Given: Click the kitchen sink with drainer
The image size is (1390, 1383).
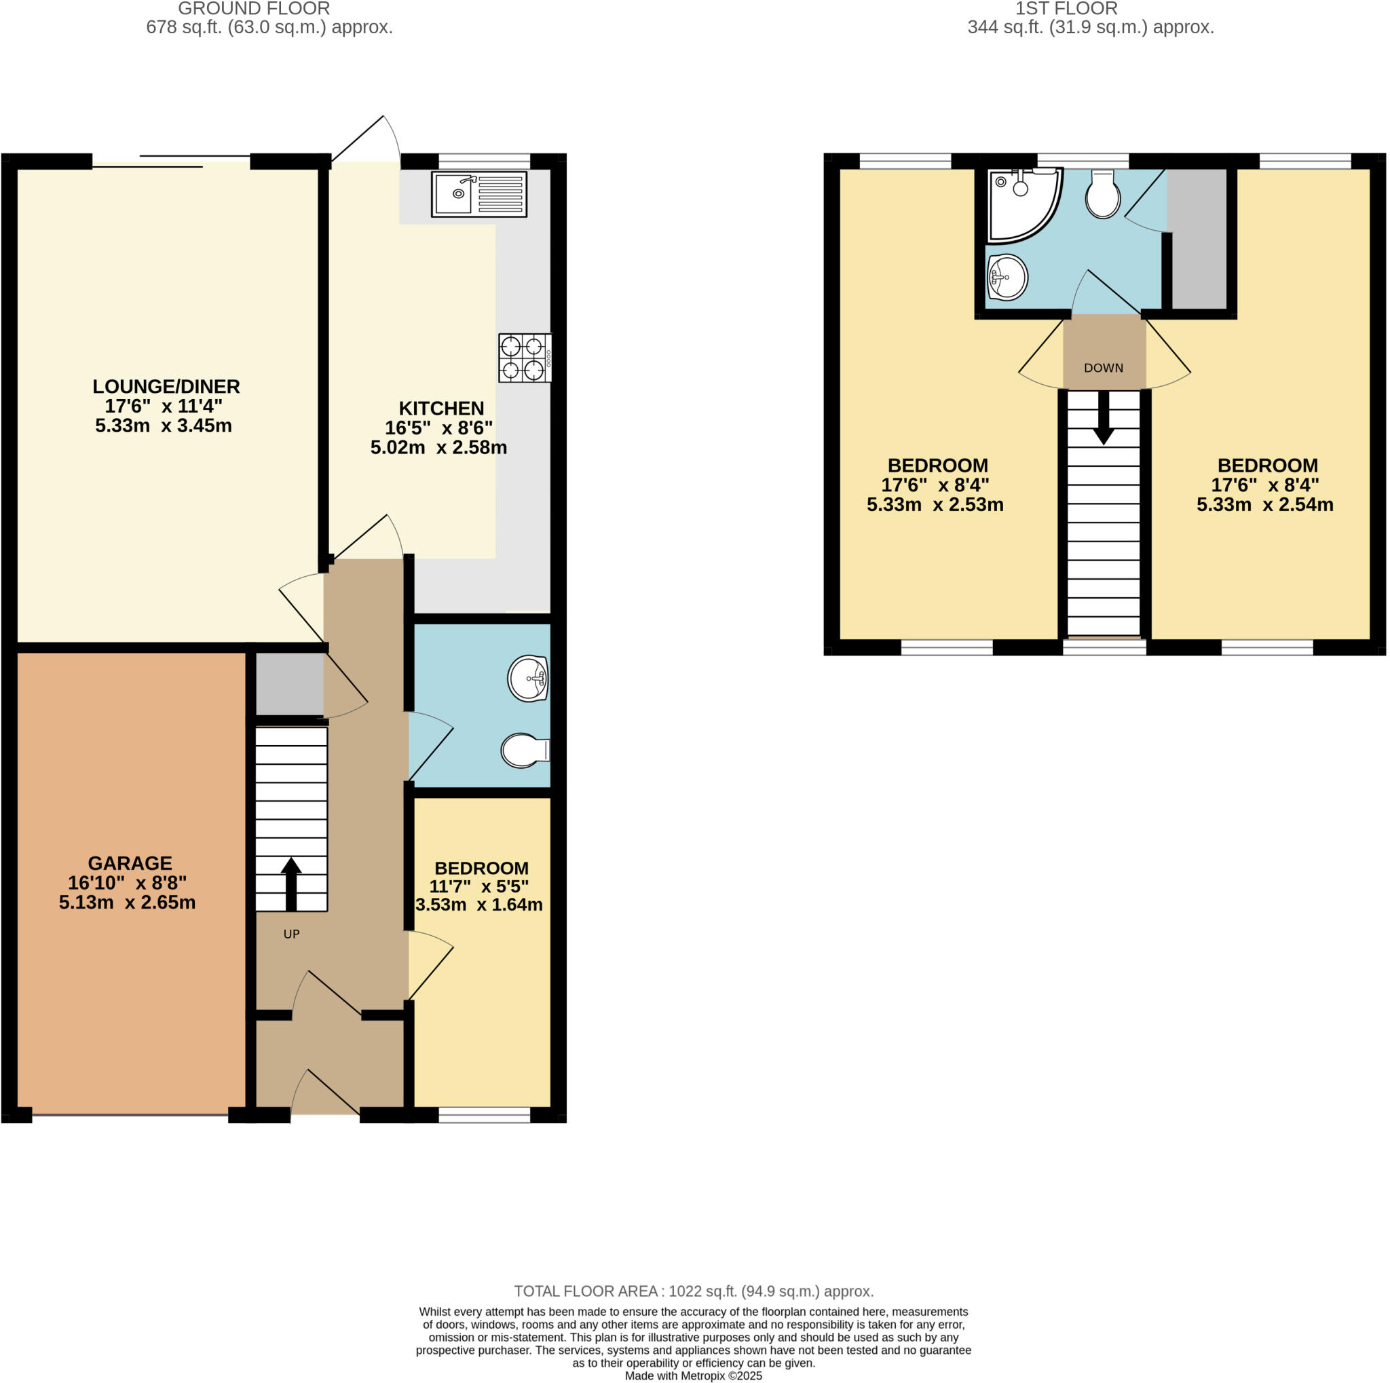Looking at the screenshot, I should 478,193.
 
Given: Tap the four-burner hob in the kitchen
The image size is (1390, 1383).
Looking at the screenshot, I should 525,358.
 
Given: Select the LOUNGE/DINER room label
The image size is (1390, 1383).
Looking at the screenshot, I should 166,386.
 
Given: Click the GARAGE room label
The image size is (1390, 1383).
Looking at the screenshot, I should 130,863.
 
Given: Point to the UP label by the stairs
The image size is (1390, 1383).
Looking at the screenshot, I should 291,934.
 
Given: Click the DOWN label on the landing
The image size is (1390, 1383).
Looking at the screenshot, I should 1103,368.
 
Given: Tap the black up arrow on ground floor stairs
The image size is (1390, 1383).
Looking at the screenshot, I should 290,883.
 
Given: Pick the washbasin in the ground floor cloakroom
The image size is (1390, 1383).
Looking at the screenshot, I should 529,678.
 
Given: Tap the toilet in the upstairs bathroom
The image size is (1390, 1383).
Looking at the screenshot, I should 1102,194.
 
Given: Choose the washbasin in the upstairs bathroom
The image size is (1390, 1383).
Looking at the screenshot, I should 1007,277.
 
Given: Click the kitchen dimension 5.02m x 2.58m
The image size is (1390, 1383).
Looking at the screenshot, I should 438,447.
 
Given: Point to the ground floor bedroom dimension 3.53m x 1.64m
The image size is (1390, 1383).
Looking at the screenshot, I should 479,905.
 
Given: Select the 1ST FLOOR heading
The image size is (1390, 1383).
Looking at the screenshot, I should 1066,9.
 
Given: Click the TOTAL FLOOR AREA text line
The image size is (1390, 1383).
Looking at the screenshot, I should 694,1291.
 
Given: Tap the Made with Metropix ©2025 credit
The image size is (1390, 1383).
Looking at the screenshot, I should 694,1376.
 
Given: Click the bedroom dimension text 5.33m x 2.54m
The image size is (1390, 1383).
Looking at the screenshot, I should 1265,504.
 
